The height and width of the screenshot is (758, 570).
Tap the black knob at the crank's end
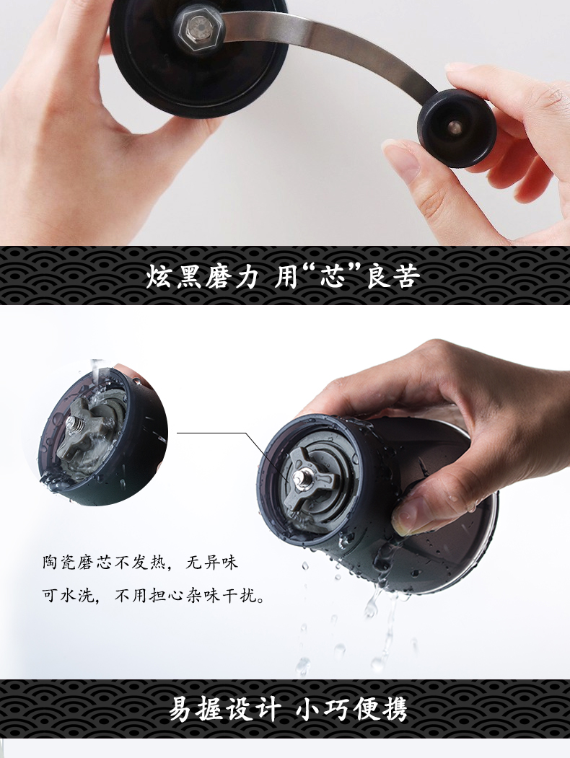457,128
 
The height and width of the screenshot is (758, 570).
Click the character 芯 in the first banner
333,276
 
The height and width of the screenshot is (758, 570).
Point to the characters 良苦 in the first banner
393,276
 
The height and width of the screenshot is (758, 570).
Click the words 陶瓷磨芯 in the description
77,563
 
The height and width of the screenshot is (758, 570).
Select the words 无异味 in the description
212,563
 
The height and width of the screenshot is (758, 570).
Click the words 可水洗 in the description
68,595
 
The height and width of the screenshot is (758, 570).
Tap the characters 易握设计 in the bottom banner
224,710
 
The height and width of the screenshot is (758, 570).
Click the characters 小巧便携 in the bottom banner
351,710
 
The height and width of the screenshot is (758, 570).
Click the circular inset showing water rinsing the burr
103,432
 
